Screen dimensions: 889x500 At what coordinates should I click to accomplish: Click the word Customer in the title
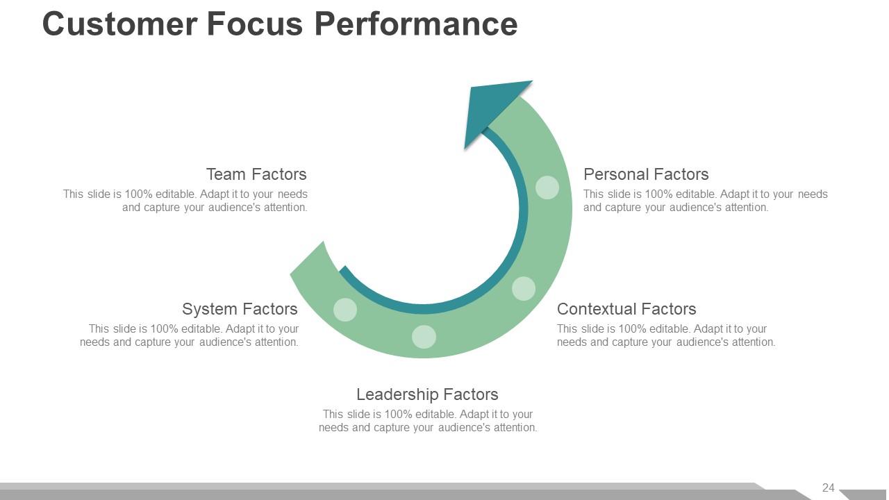120,24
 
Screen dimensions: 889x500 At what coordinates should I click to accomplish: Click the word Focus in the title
255,24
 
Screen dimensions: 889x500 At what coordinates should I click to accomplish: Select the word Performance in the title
416,24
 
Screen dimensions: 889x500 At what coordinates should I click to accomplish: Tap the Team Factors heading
256,174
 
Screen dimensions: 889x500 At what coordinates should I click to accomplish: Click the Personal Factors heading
646,174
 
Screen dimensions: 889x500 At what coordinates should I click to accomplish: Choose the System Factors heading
240,309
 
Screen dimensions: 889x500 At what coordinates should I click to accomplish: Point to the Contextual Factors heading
626,309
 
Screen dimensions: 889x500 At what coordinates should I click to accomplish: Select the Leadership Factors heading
427,394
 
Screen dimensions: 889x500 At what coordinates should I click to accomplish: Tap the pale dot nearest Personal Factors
547,187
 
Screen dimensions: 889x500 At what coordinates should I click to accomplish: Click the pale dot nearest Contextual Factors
524,288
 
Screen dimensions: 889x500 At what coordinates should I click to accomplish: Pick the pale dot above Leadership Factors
424,337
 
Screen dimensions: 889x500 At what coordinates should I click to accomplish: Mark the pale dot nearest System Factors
345,310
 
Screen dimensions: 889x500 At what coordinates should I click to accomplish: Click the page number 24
829,487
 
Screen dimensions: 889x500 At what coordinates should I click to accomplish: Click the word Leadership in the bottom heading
398,394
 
